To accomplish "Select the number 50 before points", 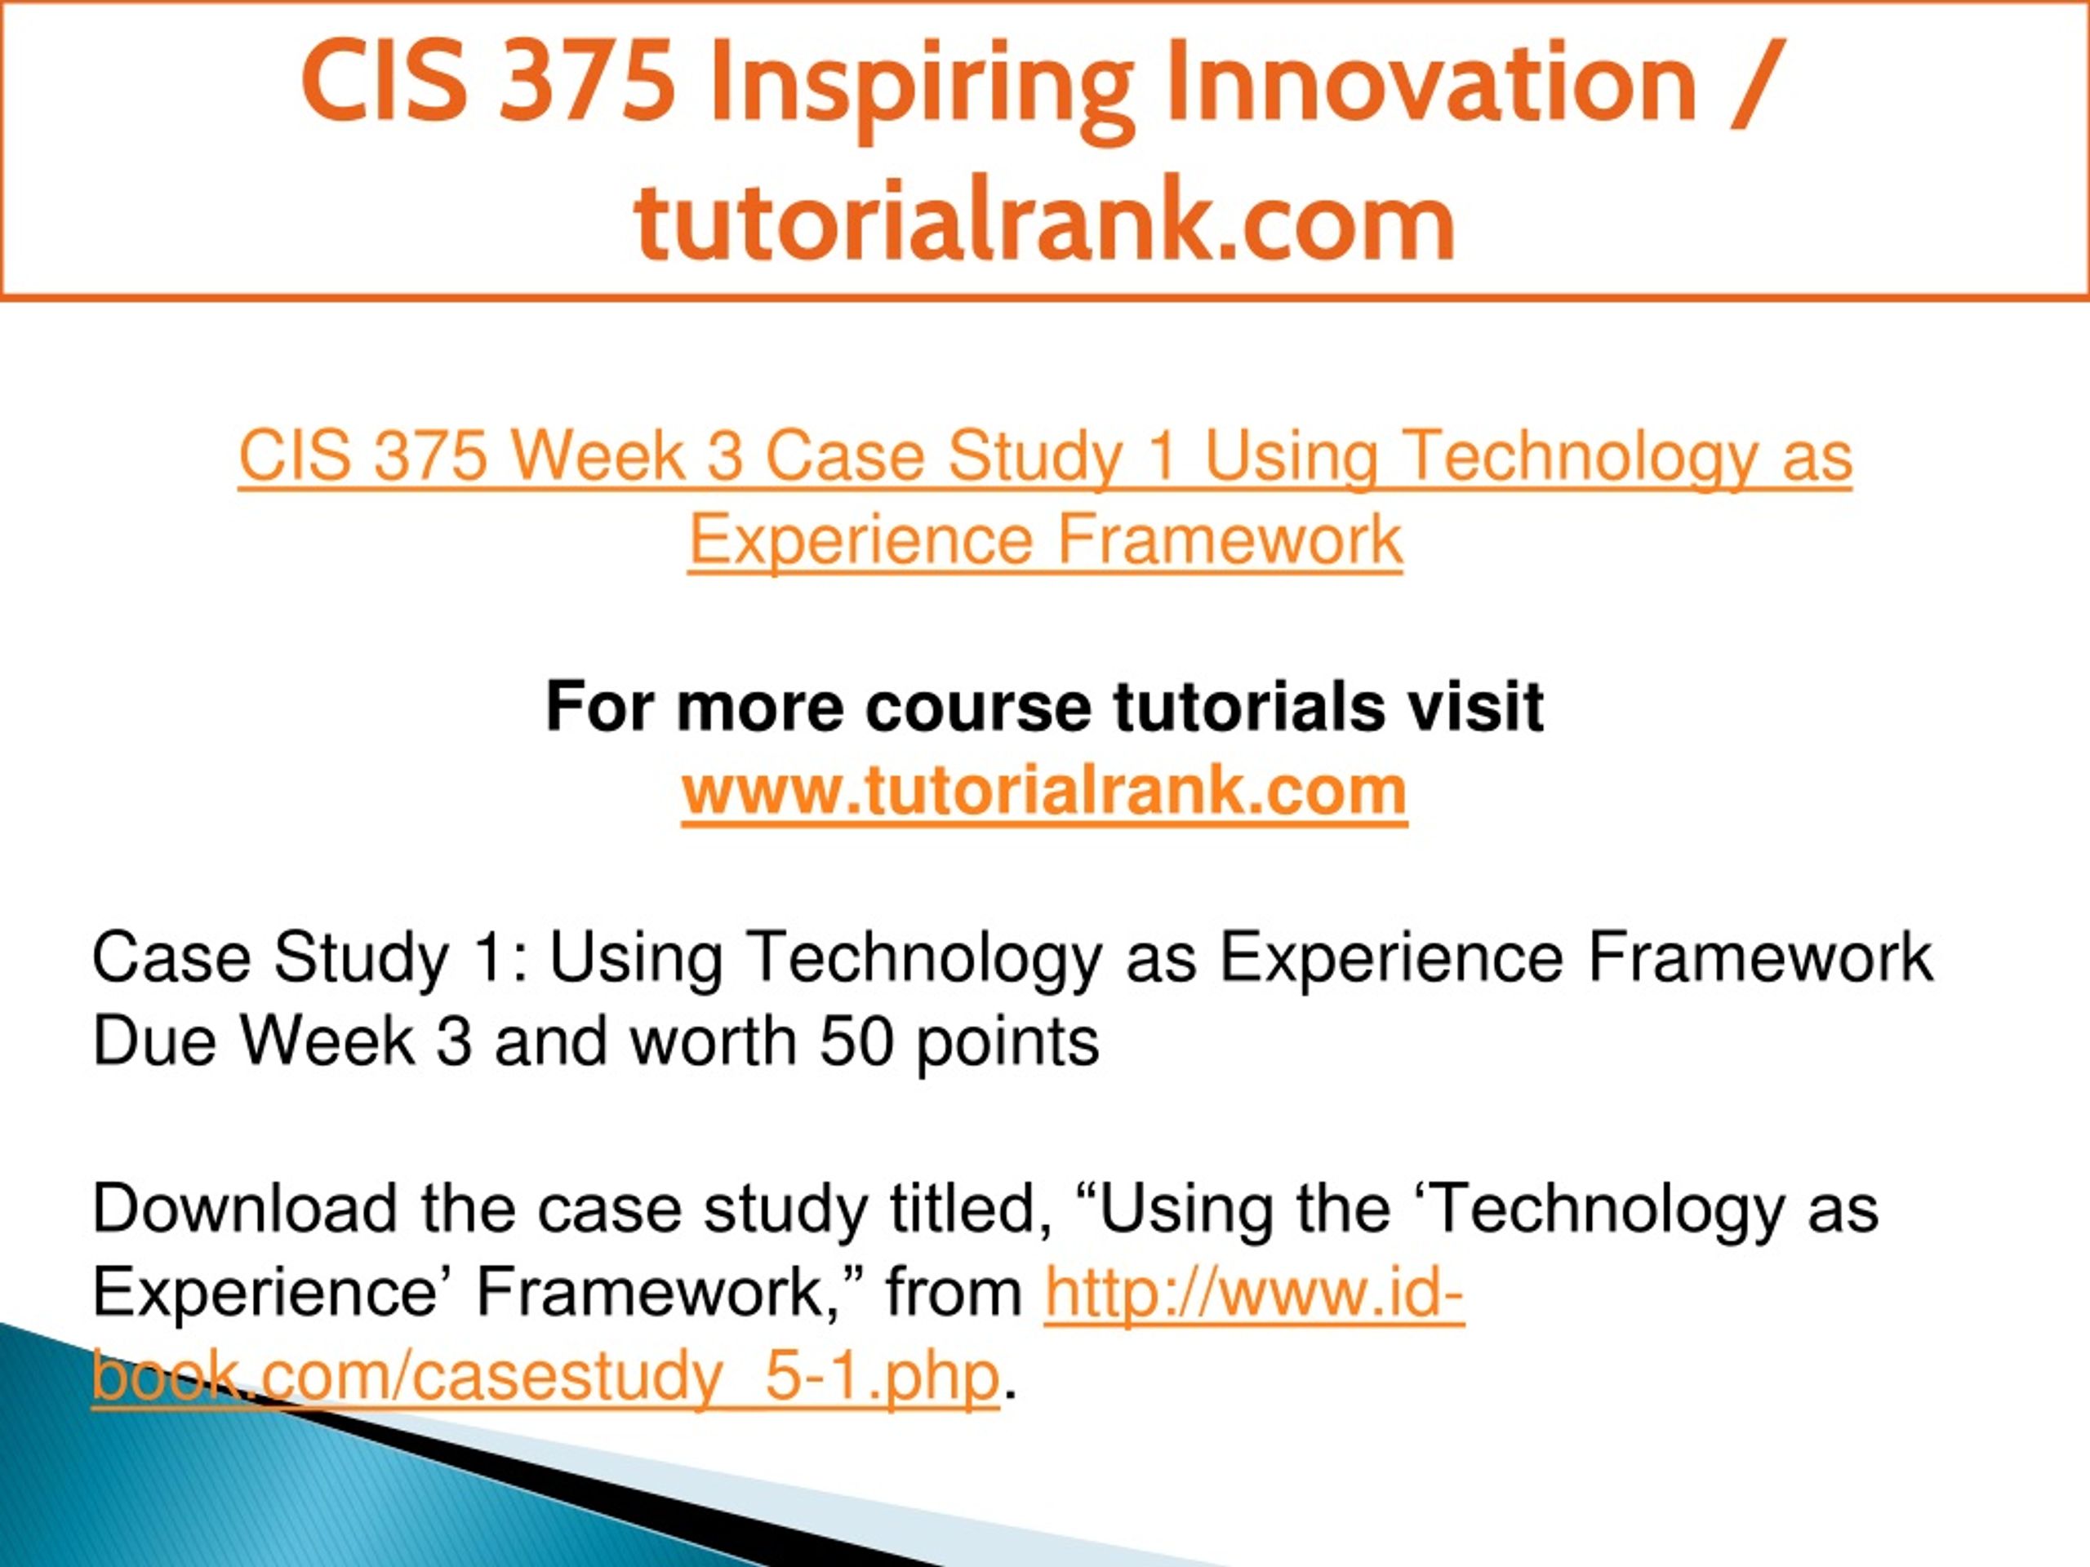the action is click(857, 1043).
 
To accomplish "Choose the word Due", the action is click(155, 1043).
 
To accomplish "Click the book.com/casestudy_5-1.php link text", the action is click(546, 1377).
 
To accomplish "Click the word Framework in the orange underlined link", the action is click(1230, 540).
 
